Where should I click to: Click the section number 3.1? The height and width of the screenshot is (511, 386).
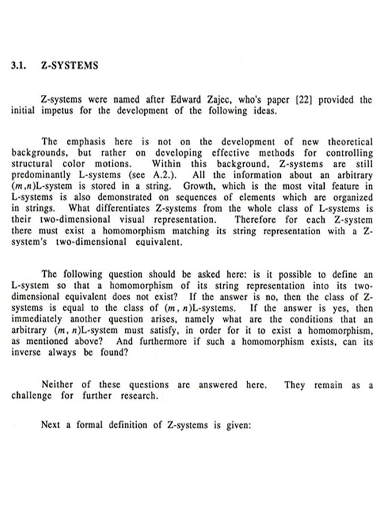(19, 66)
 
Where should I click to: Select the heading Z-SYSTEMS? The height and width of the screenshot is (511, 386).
(69, 66)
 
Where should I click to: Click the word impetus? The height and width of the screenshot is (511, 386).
(57, 111)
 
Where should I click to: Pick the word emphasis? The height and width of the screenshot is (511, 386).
(86, 142)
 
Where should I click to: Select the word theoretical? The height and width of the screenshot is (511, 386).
(350, 142)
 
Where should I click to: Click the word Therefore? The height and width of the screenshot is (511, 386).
(255, 219)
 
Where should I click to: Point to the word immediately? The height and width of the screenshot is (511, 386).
(37, 319)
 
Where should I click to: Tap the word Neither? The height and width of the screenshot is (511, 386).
(57, 385)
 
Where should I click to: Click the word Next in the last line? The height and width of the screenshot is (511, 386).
(50, 424)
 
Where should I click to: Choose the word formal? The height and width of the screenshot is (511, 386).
(89, 424)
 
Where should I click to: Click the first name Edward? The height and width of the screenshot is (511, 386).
(186, 100)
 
